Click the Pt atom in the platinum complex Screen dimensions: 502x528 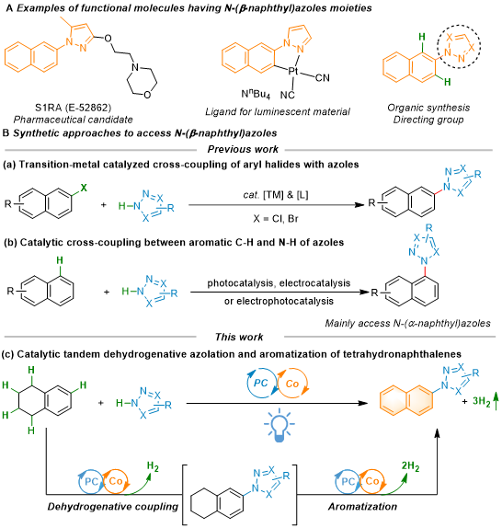(x=293, y=71)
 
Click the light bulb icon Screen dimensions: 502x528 (x=280, y=427)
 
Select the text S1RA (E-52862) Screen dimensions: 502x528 (x=73, y=108)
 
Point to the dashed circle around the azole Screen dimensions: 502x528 (x=438, y=46)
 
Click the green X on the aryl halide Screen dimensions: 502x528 (x=84, y=188)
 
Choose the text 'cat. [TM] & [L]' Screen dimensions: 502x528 (x=276, y=195)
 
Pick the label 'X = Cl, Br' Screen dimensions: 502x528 (x=276, y=219)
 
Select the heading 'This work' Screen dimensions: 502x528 (x=239, y=337)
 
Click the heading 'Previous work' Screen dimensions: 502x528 (x=243, y=149)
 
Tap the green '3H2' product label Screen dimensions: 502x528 (x=482, y=401)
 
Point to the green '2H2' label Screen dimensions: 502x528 (x=410, y=466)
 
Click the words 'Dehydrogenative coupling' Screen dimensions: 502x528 (x=113, y=507)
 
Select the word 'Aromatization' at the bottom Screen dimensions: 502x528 (x=362, y=507)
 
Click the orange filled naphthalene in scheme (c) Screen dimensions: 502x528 (x=406, y=401)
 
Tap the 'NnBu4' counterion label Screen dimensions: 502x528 (x=256, y=94)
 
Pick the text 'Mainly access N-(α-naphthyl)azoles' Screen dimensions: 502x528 (x=407, y=324)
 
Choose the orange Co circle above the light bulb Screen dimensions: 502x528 (x=307, y=384)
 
